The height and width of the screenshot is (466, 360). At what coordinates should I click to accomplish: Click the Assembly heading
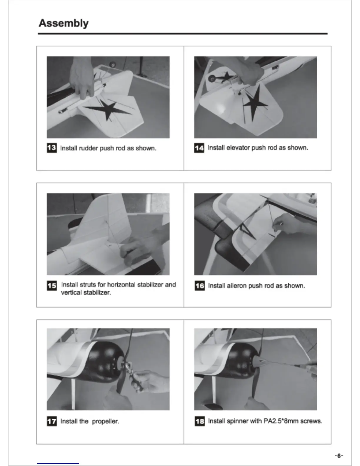click(64, 23)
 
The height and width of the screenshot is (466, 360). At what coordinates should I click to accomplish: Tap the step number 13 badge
click(52, 148)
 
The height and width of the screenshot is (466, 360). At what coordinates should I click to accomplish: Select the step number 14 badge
click(199, 148)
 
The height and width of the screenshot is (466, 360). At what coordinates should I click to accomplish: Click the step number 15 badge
click(52, 285)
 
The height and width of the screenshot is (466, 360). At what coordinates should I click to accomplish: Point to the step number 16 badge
click(200, 285)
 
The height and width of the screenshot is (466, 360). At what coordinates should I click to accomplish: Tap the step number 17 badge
click(52, 421)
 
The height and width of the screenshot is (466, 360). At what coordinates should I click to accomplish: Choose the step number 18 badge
click(200, 421)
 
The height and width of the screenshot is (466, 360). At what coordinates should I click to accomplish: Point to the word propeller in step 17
click(106, 421)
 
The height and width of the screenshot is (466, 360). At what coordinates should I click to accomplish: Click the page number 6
click(339, 456)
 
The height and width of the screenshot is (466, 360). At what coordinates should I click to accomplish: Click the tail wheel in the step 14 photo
click(213, 79)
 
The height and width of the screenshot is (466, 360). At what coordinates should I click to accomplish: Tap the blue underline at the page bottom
click(58, 464)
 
